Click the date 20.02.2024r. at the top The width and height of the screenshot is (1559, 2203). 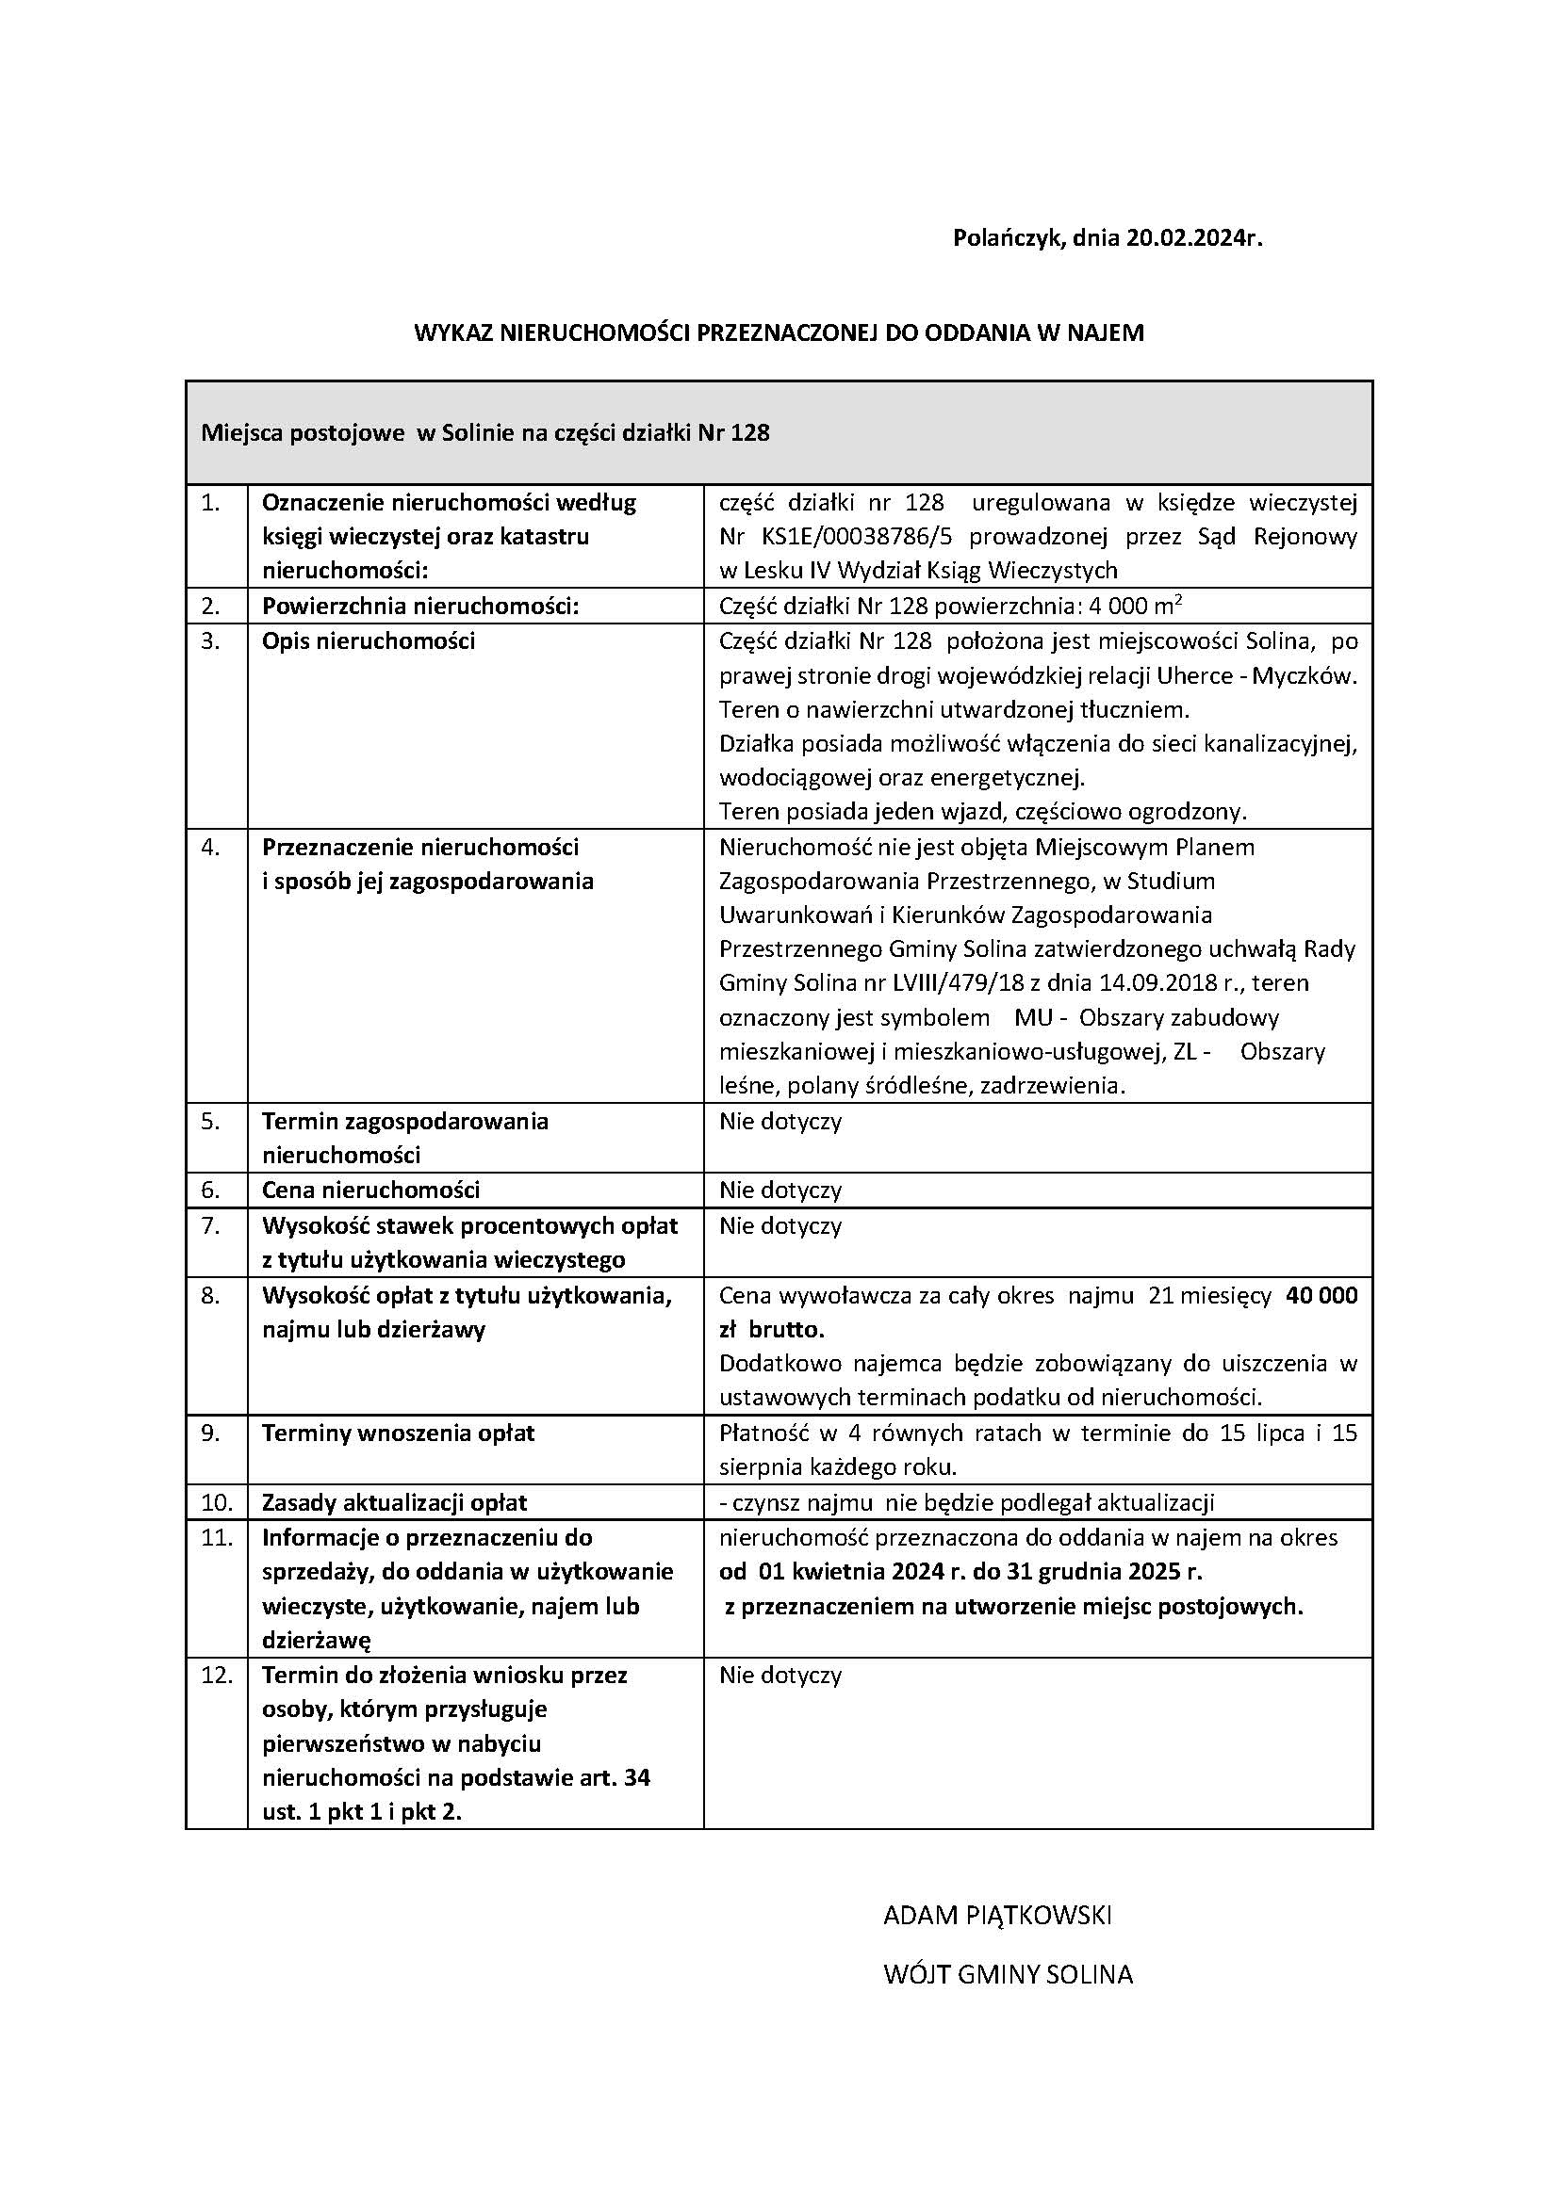click(x=1194, y=238)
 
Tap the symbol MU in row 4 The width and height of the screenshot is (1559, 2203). click(x=1032, y=1017)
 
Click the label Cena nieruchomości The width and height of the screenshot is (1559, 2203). click(x=370, y=1190)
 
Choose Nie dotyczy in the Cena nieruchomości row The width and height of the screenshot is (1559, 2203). click(x=779, y=1190)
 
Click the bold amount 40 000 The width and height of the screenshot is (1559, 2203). click(x=1321, y=1295)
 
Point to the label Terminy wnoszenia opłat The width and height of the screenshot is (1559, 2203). click(x=398, y=1433)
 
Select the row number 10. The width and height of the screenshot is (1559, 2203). click(x=217, y=1502)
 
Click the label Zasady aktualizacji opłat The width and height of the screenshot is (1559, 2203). click(x=395, y=1502)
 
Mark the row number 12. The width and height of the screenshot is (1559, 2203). click(x=217, y=1676)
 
